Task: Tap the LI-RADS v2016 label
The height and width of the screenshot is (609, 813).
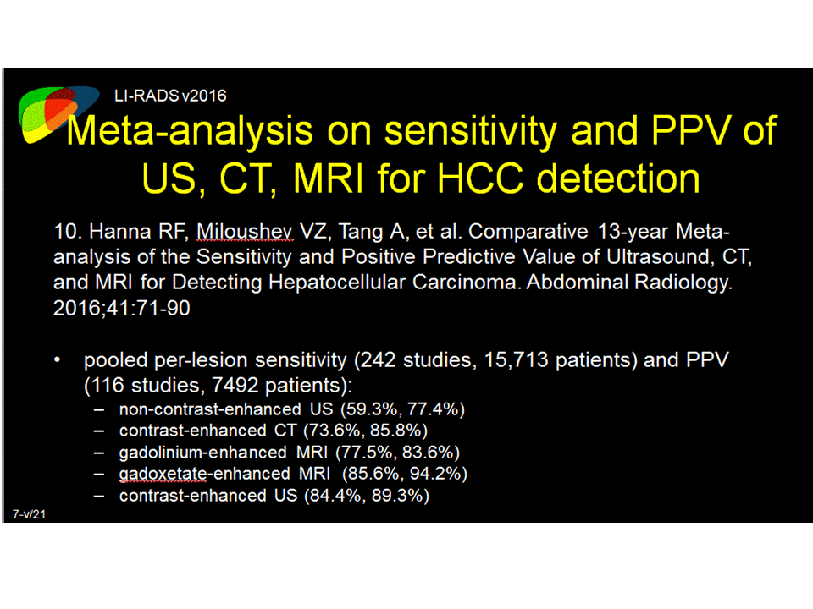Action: [170, 96]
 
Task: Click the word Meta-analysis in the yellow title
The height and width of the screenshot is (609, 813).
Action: [190, 130]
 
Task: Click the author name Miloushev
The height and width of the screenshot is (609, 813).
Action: [245, 232]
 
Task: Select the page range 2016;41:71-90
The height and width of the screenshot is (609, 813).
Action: [122, 308]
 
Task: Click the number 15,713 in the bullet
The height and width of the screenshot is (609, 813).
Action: [516, 360]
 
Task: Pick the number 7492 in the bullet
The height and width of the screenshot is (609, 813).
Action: [235, 386]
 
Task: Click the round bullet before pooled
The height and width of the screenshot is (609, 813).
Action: [57, 360]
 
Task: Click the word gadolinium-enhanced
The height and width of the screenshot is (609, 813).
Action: [202, 453]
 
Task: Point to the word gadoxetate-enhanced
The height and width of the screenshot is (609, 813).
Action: [204, 474]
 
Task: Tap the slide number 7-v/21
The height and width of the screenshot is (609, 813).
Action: [29, 514]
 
